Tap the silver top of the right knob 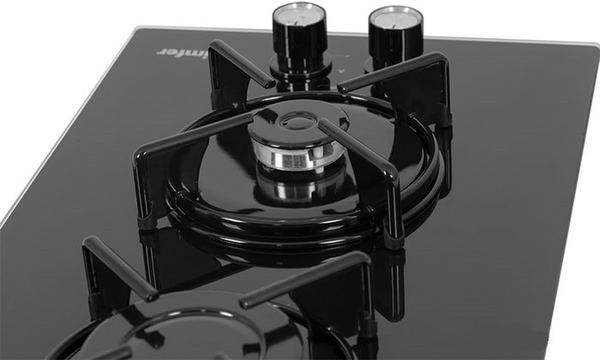pos(396,19)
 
